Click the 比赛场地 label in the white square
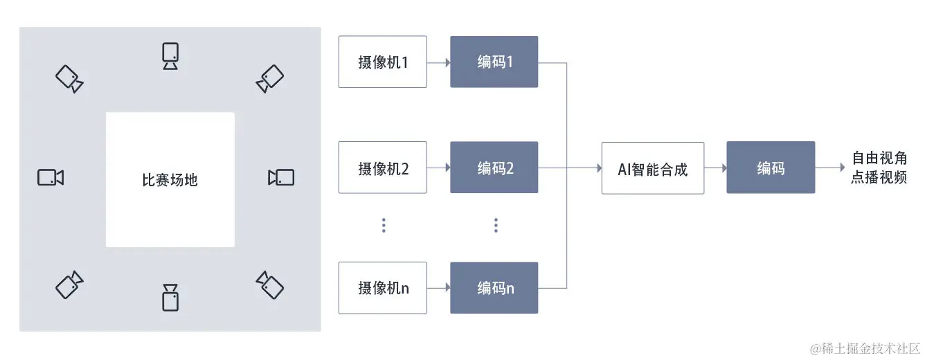[170, 180]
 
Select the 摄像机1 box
[382, 62]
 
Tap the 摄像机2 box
[382, 168]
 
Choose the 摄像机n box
[382, 288]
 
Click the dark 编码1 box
[494, 62]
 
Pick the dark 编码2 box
[494, 168]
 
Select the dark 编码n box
[494, 288]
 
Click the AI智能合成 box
[652, 168]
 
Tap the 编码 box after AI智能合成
[771, 168]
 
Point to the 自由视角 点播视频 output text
[879, 168]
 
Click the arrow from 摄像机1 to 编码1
[438, 62]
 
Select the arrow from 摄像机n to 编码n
[438, 288]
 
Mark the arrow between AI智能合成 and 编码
[715, 168]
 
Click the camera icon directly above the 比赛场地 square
[170, 56]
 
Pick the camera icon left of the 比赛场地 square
[51, 177]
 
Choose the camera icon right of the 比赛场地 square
[281, 177]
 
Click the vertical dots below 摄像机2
[384, 225]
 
